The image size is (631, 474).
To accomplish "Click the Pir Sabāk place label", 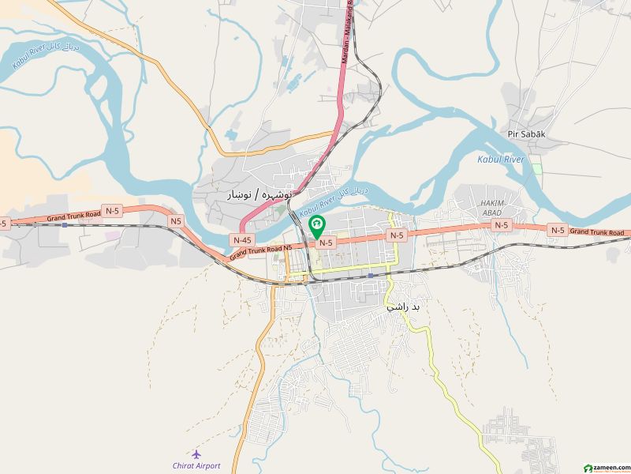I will [526, 135].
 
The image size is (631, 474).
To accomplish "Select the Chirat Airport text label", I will [196, 465].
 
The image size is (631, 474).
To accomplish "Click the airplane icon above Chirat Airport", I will [196, 454].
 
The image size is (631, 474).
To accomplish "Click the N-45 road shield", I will [241, 239].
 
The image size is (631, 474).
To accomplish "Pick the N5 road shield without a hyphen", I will [175, 221].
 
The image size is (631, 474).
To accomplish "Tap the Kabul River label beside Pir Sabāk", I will [501, 160].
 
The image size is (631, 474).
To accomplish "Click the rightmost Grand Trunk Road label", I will [599, 231].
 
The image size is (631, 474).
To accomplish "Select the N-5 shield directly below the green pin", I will [327, 243].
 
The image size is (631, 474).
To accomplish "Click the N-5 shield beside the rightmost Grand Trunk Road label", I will [558, 230].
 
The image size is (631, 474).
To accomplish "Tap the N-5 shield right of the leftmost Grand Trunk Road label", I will [113, 211].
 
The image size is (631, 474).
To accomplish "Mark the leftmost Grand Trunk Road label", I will [73, 214].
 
